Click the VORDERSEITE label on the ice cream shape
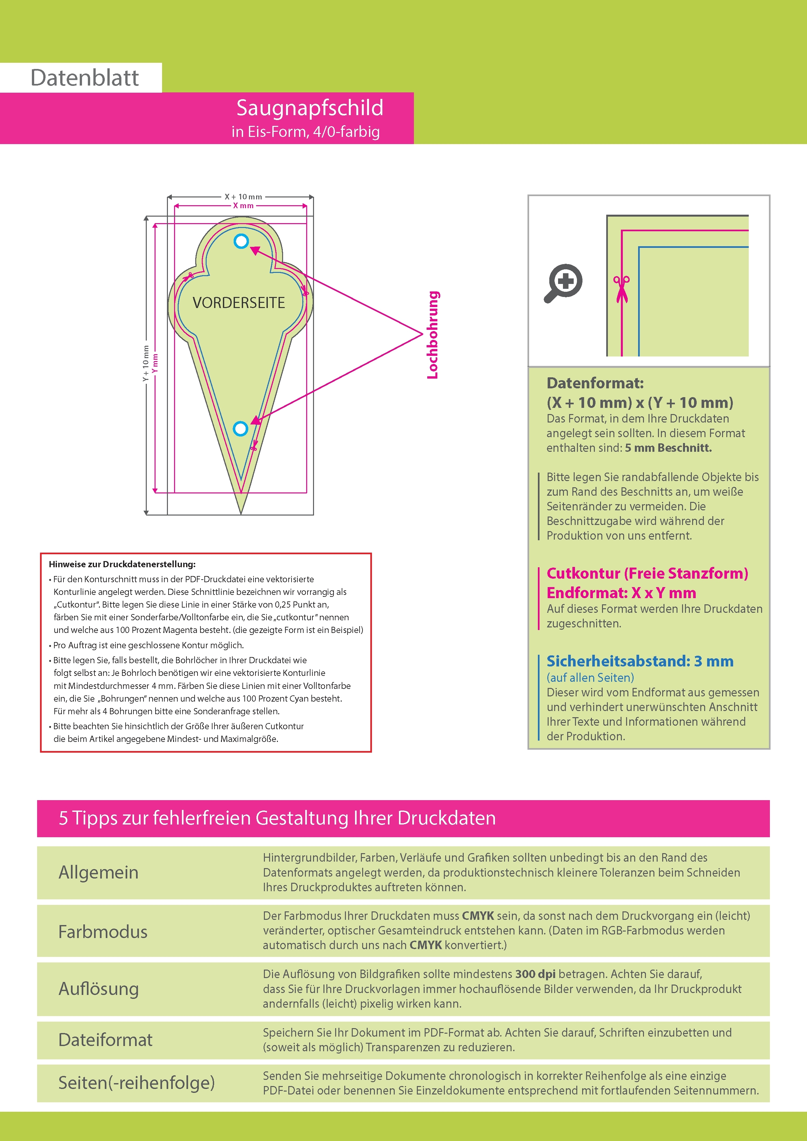coord(239,302)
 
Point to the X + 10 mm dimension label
coord(243,197)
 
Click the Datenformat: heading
coord(595,383)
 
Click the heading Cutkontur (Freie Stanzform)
coord(647,573)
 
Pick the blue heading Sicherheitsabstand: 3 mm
coord(639,662)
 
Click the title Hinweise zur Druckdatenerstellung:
coord(122,564)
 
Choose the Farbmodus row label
coord(103,931)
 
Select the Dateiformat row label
coord(105,1040)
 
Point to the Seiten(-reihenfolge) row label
coord(136,1082)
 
